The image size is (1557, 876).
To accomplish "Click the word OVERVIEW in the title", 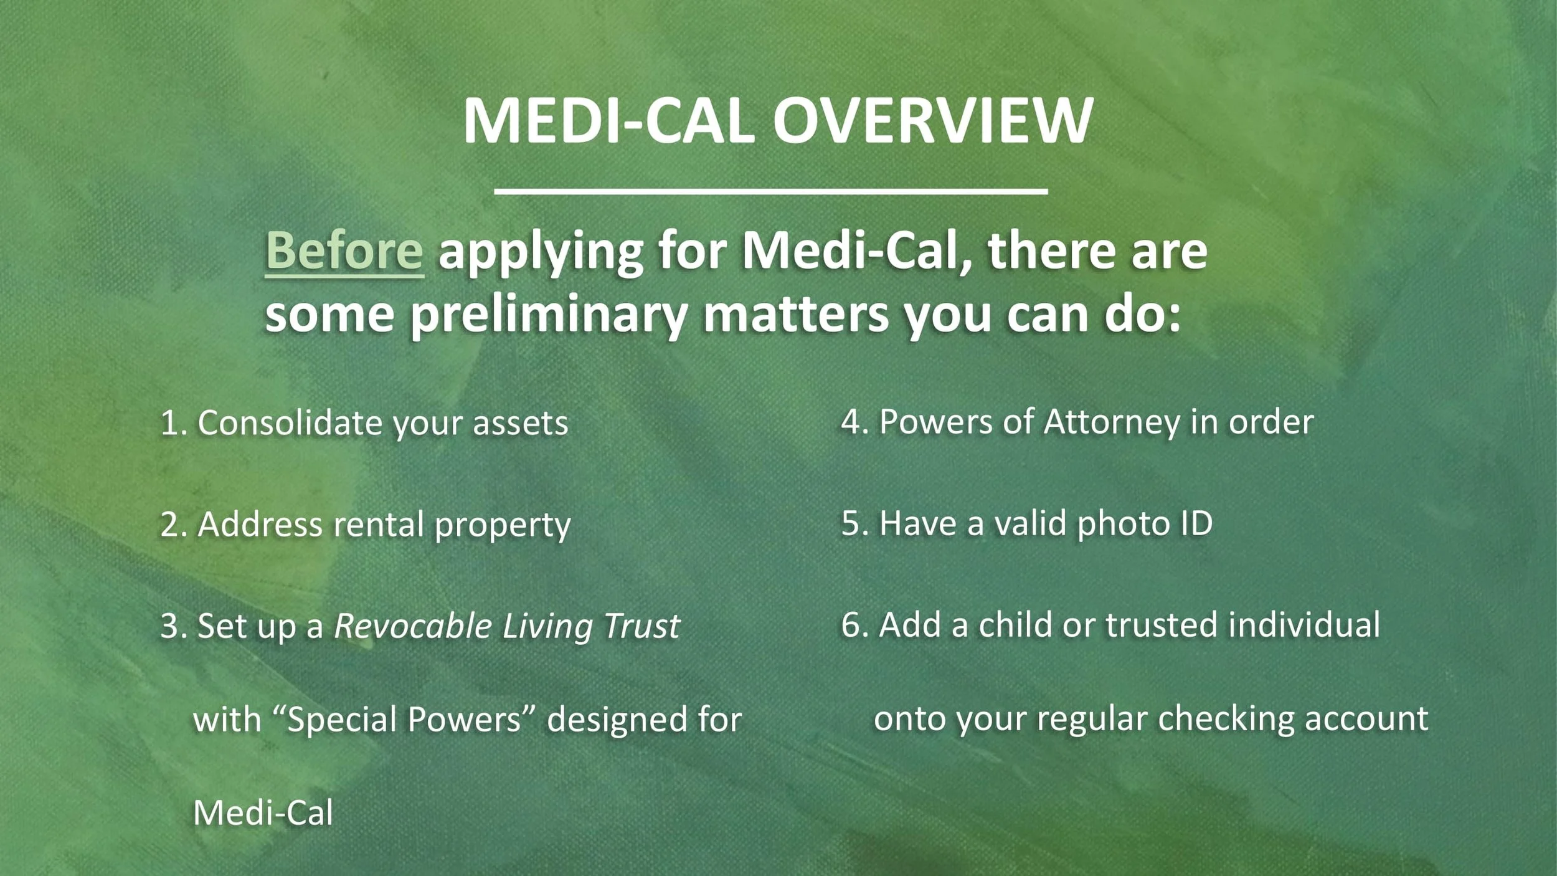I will point(932,120).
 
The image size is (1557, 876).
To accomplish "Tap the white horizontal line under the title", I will point(770,191).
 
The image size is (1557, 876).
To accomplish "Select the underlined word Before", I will point(344,250).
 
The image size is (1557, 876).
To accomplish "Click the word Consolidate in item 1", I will point(290,423).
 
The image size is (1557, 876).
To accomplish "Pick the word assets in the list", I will point(520,424).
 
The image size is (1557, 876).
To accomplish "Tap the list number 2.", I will point(170,525).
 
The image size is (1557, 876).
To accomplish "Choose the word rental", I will point(379,525).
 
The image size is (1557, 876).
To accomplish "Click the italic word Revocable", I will point(413,626).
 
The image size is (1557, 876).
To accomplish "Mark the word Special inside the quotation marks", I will point(341,720).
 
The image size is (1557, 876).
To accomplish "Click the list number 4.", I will point(851,422).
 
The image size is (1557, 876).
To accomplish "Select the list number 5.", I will point(851,523).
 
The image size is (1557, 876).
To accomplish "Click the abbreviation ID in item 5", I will point(1196,523).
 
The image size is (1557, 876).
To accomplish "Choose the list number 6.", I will point(851,624).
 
